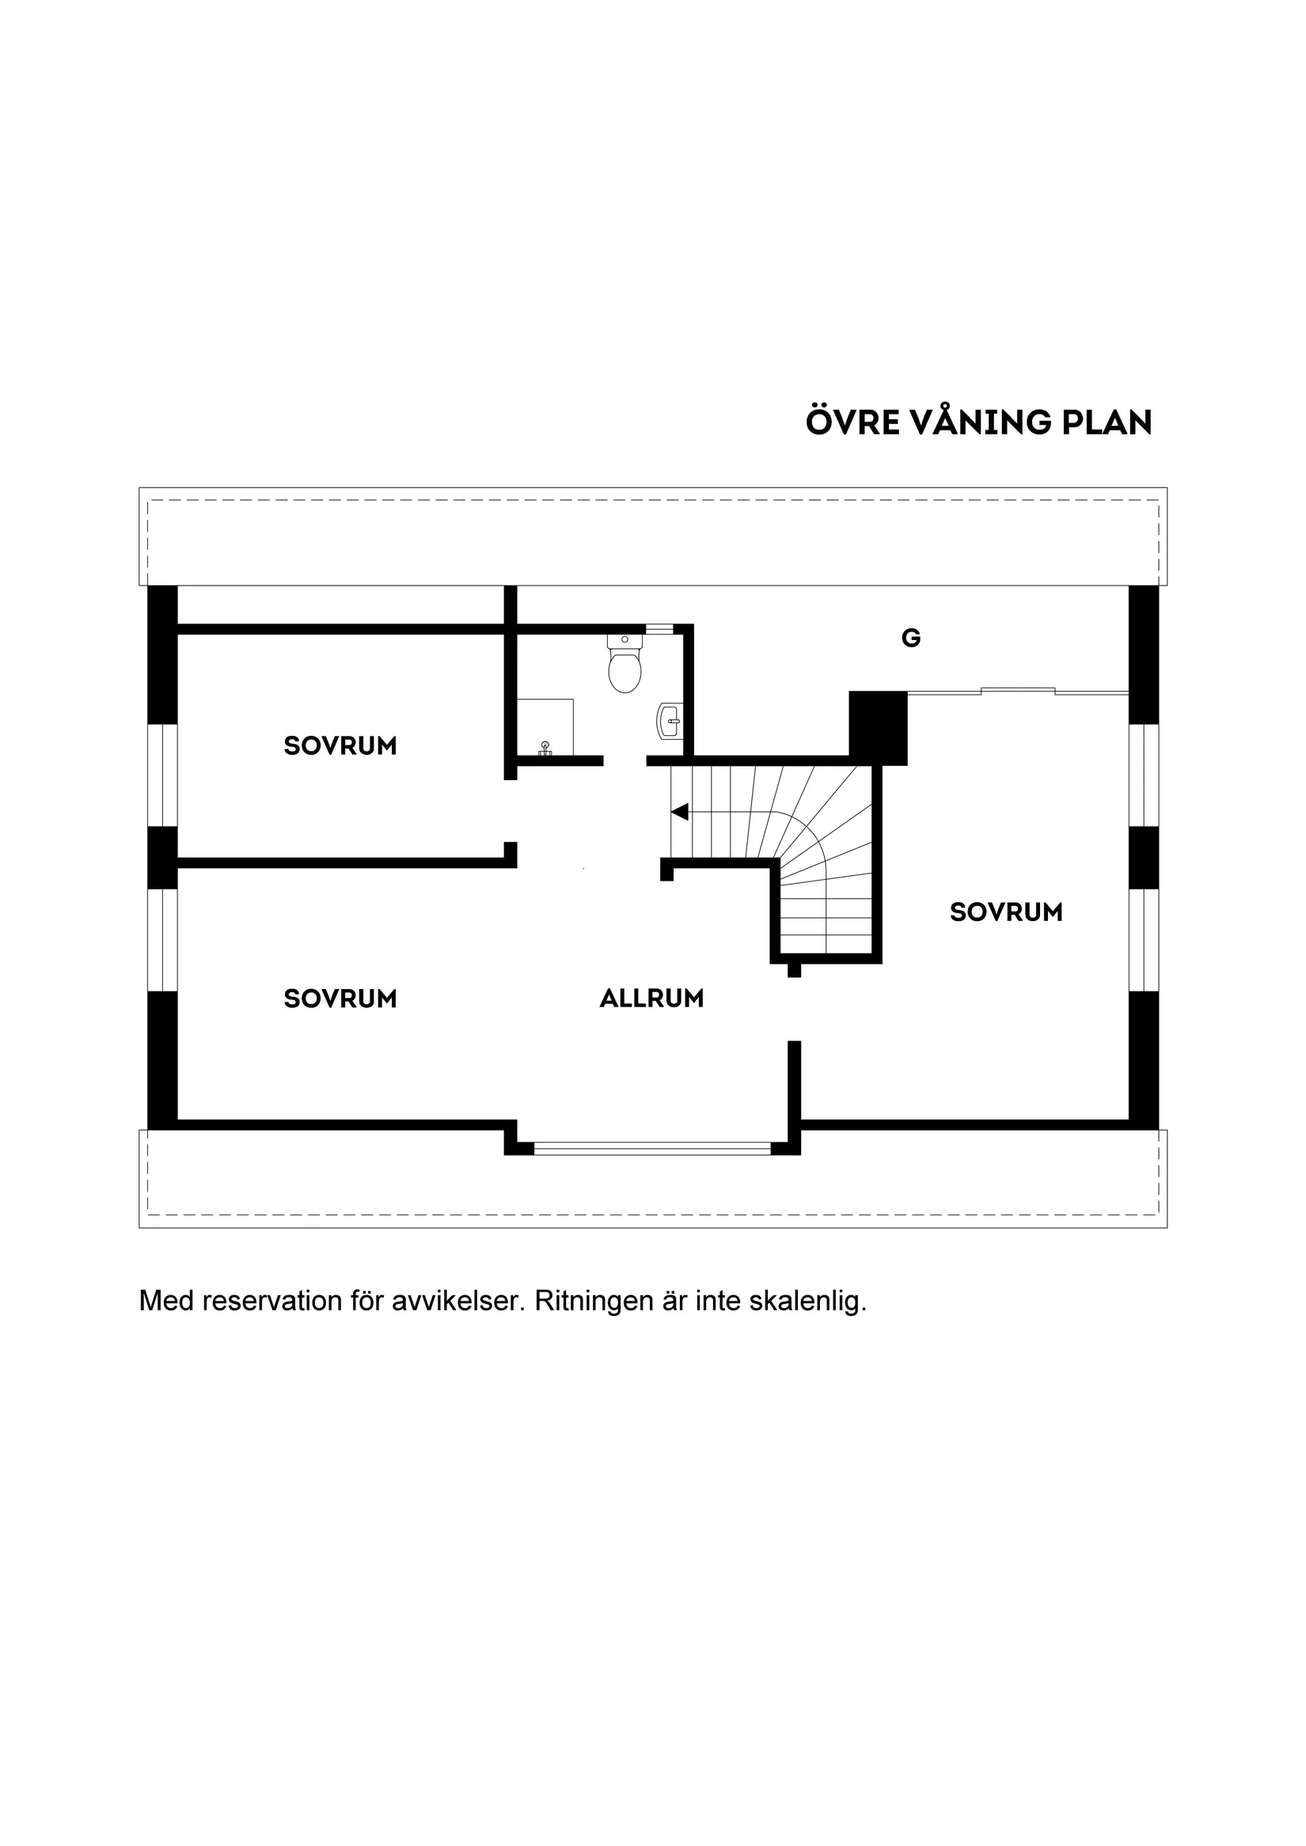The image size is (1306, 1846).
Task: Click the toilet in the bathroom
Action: [x=625, y=663]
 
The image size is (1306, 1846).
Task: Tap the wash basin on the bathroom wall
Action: [x=670, y=721]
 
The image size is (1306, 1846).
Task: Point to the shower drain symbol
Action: [x=545, y=749]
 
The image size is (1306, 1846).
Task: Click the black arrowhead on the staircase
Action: [x=680, y=812]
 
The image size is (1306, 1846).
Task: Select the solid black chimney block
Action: [x=878, y=729]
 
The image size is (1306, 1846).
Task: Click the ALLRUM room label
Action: [x=652, y=999]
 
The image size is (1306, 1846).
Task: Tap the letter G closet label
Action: [x=911, y=639]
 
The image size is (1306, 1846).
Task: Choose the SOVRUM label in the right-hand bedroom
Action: [x=1006, y=912]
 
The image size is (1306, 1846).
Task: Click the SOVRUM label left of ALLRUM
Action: [x=340, y=999]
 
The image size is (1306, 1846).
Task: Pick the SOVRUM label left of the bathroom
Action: [x=340, y=746]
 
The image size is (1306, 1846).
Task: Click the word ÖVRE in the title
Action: [x=852, y=422]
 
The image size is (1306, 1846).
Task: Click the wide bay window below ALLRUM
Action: [x=652, y=1148]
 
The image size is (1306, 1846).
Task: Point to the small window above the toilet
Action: [x=659, y=630]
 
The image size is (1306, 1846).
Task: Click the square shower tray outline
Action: [x=545, y=728]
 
